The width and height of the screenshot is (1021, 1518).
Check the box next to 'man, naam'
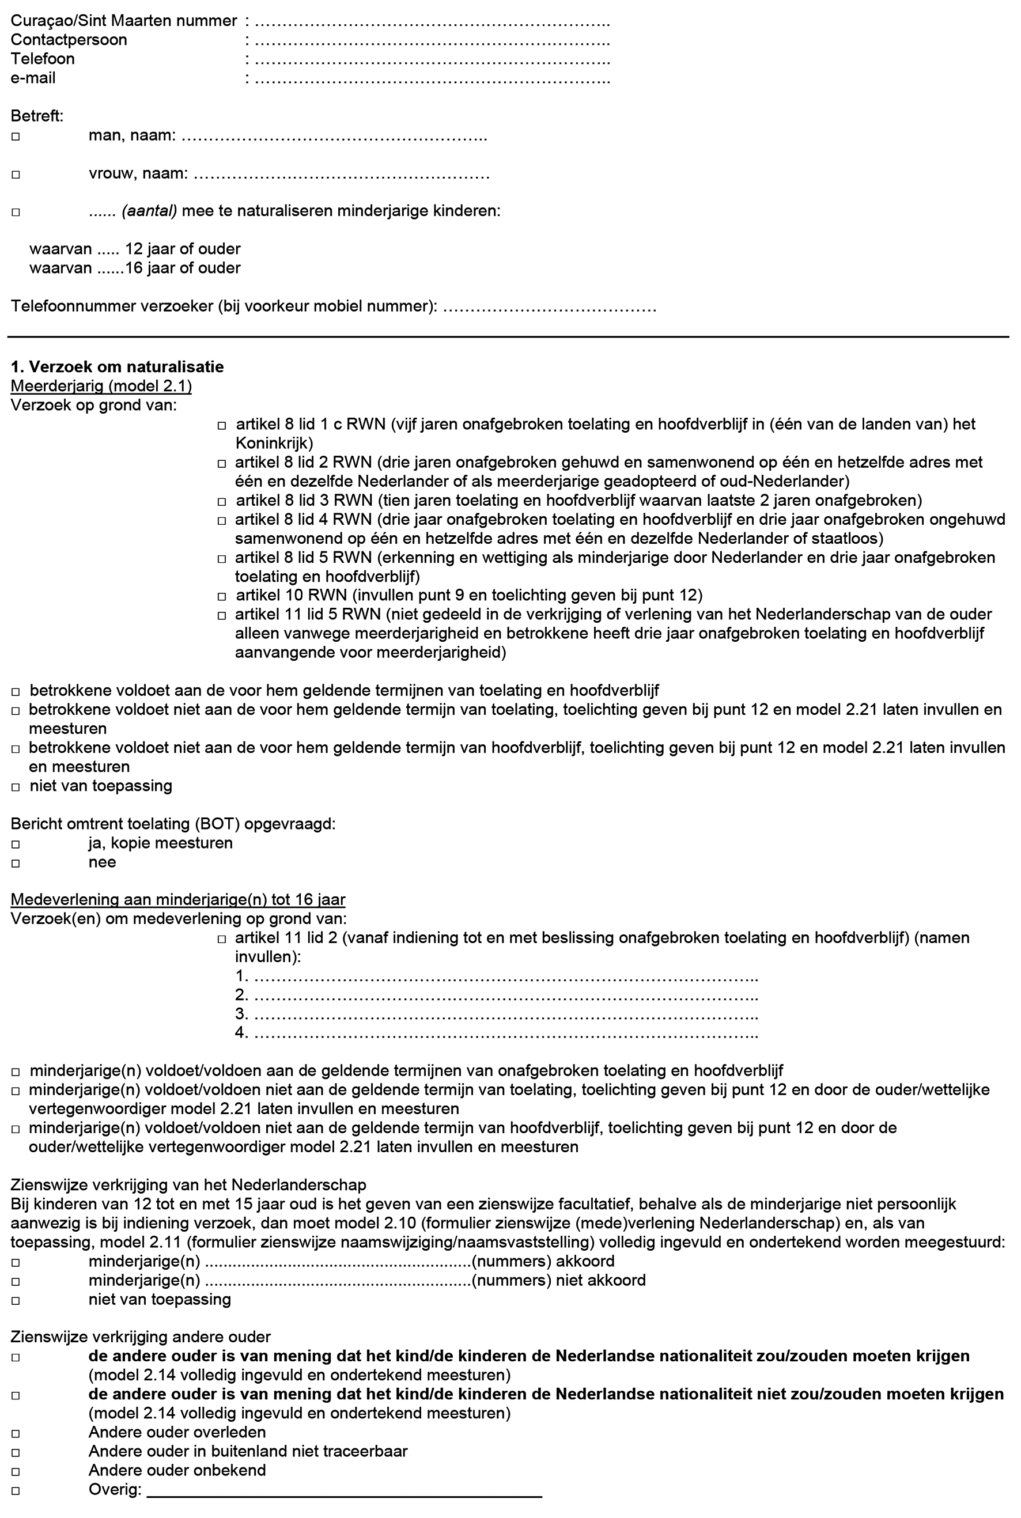(x=16, y=137)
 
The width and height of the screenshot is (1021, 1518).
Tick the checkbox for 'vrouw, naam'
(x=16, y=175)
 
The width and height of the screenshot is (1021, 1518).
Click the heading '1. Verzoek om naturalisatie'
(x=117, y=366)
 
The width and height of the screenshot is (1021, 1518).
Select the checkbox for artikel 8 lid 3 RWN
(x=222, y=502)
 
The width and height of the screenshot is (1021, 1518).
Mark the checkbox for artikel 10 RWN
(x=222, y=596)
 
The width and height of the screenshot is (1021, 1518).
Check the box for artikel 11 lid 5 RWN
(x=222, y=615)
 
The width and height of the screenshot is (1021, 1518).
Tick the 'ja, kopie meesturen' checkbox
(x=16, y=845)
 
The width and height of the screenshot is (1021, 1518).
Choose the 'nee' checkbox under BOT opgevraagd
(x=16, y=863)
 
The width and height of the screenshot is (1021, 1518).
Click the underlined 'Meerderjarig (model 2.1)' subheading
(x=101, y=386)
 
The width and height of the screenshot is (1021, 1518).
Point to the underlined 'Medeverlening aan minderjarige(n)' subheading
(x=178, y=900)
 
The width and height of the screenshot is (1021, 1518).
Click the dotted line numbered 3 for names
(x=505, y=1014)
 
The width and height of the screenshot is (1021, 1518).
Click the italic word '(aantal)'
(x=149, y=211)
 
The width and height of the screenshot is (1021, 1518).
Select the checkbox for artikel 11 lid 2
(x=222, y=938)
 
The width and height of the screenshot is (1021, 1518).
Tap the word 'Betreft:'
(x=37, y=116)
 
